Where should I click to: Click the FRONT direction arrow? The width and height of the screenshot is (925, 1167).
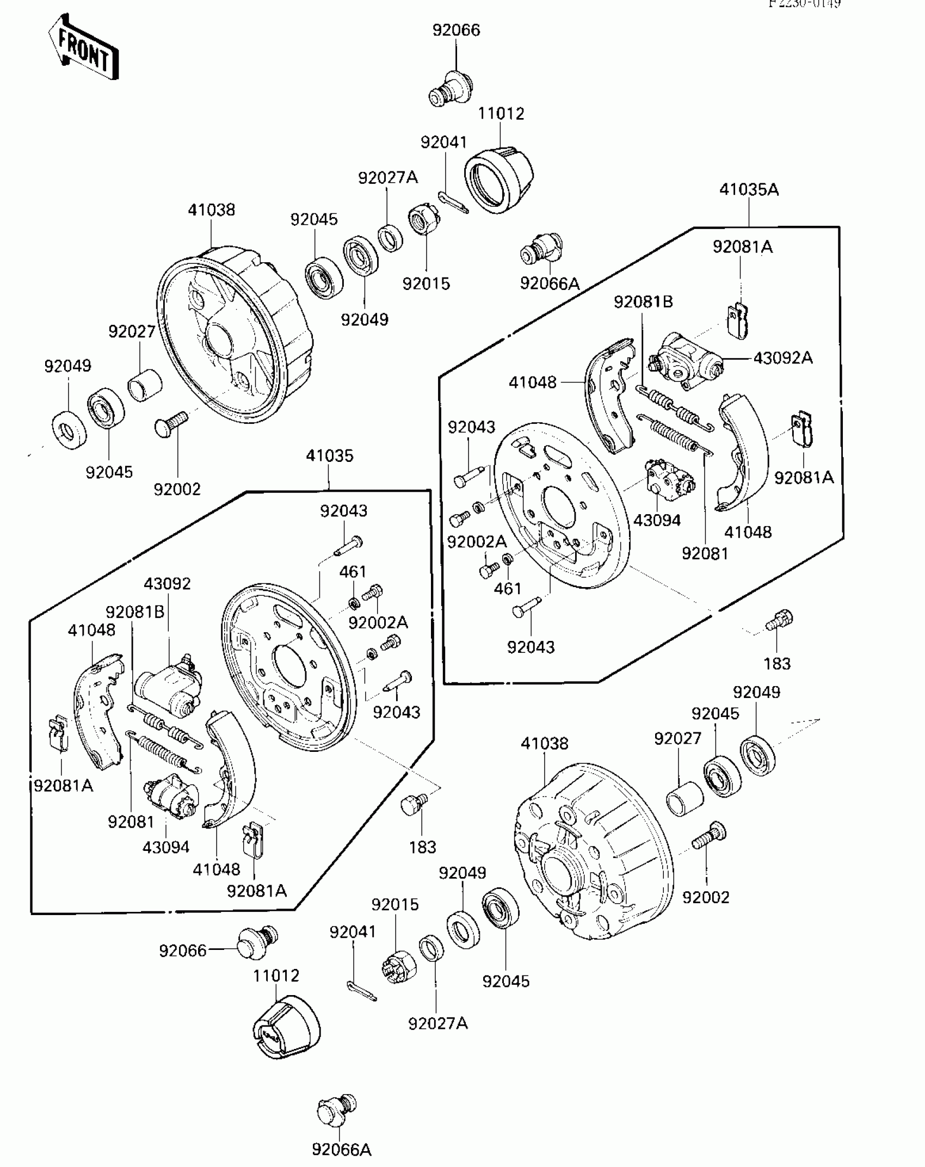pyautogui.click(x=83, y=48)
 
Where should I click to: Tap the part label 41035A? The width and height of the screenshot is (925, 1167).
pyautogui.click(x=749, y=190)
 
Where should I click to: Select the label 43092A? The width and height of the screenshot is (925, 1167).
pyautogui.click(x=783, y=358)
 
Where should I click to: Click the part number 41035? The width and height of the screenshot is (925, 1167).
pyautogui.click(x=329, y=456)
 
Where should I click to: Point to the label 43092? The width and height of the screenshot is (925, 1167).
pyautogui.click(x=167, y=584)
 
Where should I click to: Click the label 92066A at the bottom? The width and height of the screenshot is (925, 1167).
pyautogui.click(x=341, y=1149)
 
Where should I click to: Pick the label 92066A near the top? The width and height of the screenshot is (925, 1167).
pyautogui.click(x=550, y=283)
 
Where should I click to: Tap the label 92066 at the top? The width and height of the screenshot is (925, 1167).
pyautogui.click(x=456, y=30)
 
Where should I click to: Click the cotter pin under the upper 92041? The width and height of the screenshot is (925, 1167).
pyautogui.click(x=453, y=202)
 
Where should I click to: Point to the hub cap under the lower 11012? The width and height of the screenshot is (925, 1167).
pyautogui.click(x=286, y=1027)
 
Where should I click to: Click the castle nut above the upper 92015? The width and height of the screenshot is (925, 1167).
pyautogui.click(x=424, y=219)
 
